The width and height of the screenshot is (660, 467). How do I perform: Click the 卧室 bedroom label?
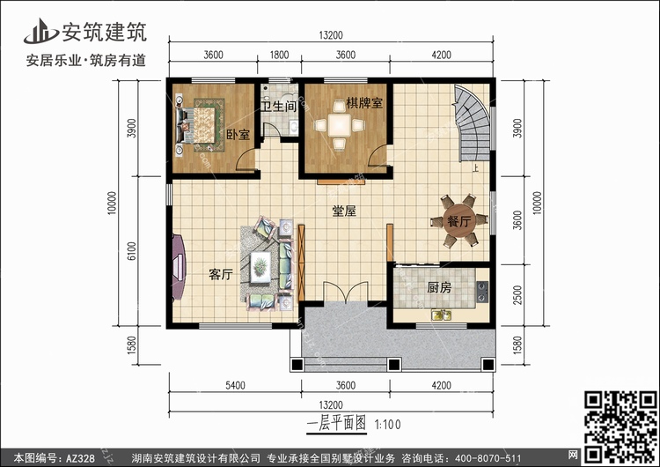[x=238, y=135]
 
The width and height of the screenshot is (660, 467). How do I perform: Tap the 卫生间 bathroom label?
[x=279, y=107]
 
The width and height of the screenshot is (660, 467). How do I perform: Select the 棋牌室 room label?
[x=364, y=103]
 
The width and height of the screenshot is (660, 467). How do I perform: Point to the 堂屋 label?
[x=344, y=211]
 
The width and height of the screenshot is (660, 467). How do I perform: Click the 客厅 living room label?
[x=221, y=275]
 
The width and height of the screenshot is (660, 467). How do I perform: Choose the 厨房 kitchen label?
[x=439, y=288]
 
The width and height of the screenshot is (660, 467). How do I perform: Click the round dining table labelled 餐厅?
[x=458, y=221]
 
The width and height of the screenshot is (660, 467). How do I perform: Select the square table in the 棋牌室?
[x=340, y=125]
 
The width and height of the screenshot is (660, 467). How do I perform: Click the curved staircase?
[x=473, y=124]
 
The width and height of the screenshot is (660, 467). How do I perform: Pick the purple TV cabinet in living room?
[x=179, y=267]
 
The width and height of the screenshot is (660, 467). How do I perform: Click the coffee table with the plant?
[x=260, y=267]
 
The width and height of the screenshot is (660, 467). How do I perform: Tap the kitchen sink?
[x=441, y=315]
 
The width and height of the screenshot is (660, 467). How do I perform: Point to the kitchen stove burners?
[x=482, y=292]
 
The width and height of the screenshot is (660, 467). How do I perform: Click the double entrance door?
[x=346, y=293]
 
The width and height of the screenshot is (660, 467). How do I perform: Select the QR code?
[x=621, y=426]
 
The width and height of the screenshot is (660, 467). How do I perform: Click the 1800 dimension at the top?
[x=279, y=56]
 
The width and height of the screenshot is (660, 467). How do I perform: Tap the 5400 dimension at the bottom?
[x=235, y=386]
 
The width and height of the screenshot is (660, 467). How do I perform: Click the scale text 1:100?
[x=388, y=425]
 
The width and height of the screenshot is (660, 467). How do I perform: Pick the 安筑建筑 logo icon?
[x=40, y=32]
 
